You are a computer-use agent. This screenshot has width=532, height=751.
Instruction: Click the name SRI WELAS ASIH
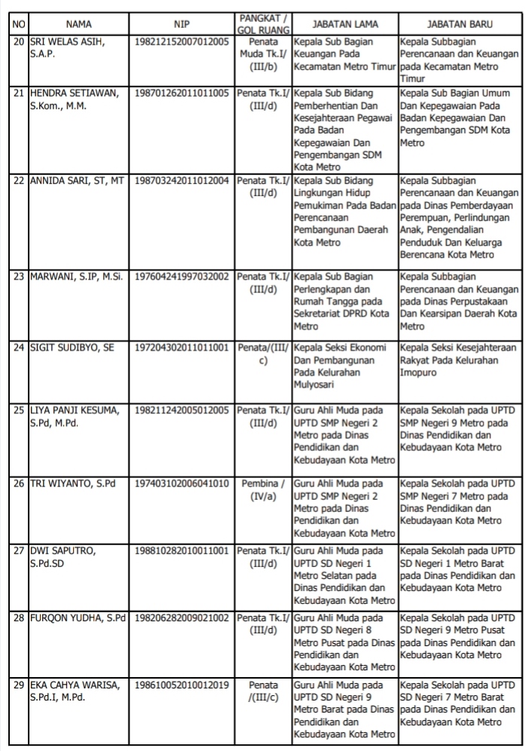[x=67, y=42]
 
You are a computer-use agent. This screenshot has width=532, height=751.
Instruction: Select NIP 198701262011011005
[x=182, y=93]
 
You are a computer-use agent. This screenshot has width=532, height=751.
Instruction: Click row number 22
[x=20, y=181]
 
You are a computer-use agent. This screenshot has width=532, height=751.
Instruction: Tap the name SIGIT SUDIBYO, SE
[x=72, y=348]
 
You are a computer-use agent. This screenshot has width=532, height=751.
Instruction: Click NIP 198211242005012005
[x=182, y=410]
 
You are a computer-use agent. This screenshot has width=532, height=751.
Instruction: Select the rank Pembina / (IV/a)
[x=263, y=490]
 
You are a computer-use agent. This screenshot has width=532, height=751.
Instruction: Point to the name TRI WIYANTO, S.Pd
[x=72, y=483]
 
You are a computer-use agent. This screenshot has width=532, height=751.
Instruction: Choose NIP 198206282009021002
[x=182, y=618]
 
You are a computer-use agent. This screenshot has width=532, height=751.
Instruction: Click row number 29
[x=20, y=685]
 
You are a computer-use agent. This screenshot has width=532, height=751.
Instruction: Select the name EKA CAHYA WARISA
[x=74, y=685]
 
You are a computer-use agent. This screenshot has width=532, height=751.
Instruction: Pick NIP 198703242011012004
[x=182, y=181]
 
